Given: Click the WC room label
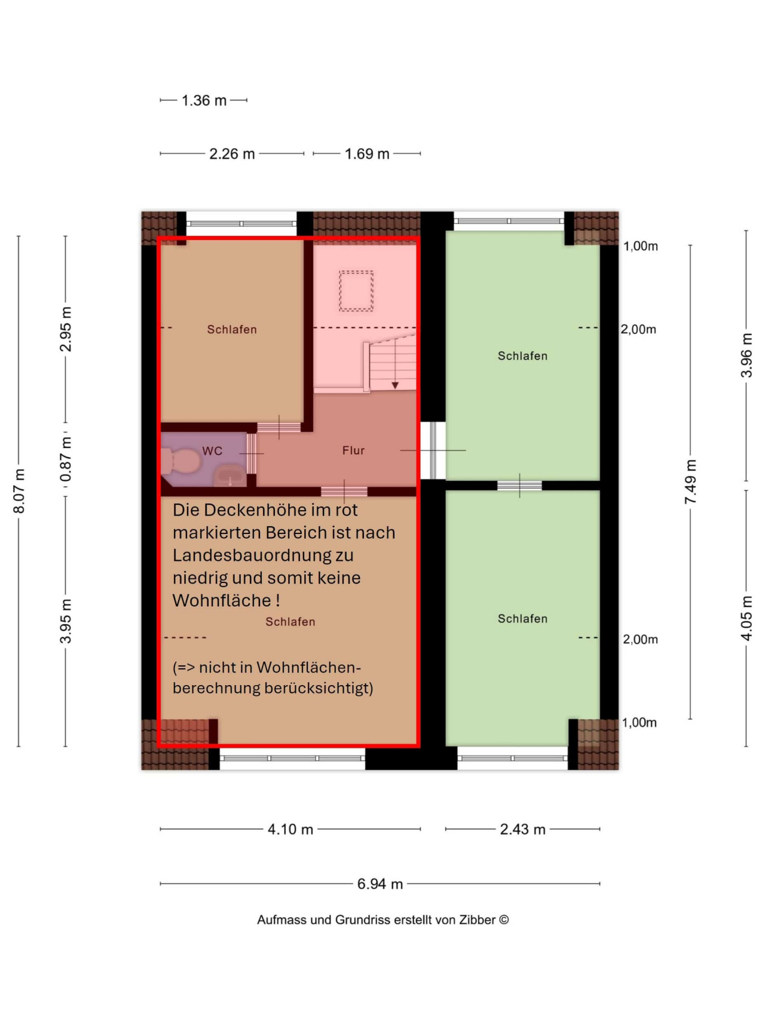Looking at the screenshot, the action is coord(212,451).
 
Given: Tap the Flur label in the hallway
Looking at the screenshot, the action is coord(353,450).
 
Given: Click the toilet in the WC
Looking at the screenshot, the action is coord(181,461).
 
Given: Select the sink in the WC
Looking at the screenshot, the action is coord(230,476).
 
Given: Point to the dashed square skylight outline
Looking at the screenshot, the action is coord(356,291).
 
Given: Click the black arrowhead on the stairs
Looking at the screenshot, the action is coord(395,385).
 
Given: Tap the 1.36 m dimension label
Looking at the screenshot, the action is coord(204,100).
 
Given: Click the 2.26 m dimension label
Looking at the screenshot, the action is coord(232,154).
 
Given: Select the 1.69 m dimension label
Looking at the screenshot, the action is coord(367,154).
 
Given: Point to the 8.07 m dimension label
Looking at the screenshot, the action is coord(19,491).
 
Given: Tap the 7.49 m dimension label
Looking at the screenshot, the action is coord(691,481).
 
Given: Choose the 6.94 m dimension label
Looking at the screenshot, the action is coord(380,883).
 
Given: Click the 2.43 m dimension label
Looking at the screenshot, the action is coord(522,829).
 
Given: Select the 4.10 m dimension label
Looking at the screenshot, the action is coord(290,829).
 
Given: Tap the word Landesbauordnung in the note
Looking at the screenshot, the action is coord(263,555).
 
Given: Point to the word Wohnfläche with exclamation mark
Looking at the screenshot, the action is coord(227,600).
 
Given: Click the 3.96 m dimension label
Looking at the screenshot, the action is coord(746,355).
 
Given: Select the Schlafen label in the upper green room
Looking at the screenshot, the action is coord(522,356).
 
